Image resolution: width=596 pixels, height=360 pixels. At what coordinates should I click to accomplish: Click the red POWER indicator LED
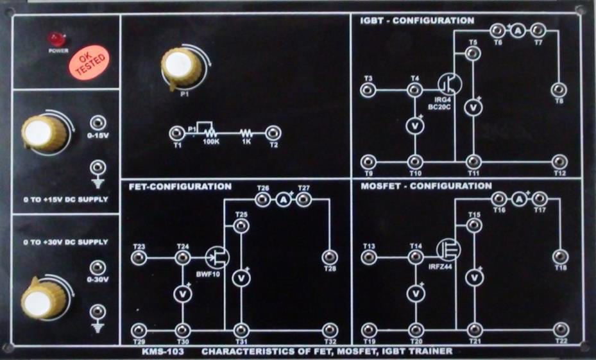(x=57, y=39)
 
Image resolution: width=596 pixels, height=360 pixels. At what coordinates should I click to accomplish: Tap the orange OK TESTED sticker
(x=89, y=62)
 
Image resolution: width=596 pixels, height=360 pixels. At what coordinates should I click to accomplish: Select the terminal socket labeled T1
(x=177, y=133)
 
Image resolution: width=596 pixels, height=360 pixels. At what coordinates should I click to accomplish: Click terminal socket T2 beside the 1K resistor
(x=273, y=133)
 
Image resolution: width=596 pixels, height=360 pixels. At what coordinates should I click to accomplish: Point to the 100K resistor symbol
(x=210, y=133)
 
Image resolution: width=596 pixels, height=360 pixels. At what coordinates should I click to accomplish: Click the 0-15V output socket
(x=98, y=123)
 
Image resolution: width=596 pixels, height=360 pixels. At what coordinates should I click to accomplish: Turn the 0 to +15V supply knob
(x=44, y=133)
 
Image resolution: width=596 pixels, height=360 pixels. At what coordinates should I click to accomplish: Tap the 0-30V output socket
(x=98, y=268)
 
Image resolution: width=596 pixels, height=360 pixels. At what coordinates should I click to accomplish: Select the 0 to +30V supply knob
(x=44, y=298)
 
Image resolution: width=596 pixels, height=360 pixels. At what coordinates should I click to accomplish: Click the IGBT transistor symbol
(x=450, y=84)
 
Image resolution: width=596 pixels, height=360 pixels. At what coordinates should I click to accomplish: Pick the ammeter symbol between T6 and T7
(x=517, y=31)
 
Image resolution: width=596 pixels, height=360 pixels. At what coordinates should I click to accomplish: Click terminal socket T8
(x=559, y=90)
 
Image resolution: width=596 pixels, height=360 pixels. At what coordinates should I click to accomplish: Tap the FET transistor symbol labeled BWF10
(x=217, y=257)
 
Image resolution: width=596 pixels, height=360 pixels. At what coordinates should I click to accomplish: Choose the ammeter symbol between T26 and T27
(x=283, y=199)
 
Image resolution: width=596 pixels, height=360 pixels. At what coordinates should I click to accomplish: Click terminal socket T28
(x=330, y=257)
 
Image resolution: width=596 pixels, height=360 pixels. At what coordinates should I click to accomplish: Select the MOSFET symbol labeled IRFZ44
(x=449, y=250)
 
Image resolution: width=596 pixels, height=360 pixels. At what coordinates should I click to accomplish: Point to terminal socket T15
(x=474, y=225)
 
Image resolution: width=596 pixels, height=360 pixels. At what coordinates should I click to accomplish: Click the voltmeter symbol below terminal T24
(x=183, y=294)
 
